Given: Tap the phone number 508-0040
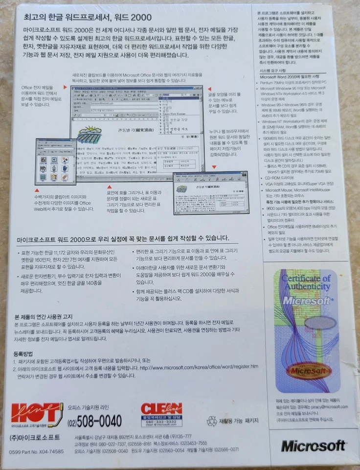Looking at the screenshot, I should (95, 421).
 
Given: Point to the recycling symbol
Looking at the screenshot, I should (211, 421).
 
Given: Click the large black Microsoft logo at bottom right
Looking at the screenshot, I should (313, 446).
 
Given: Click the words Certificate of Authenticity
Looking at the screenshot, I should (306, 282).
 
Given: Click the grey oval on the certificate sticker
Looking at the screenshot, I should (320, 323).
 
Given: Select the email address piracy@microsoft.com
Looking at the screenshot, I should (327, 406).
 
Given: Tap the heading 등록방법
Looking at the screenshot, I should (23, 353).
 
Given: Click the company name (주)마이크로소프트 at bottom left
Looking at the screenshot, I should (35, 437).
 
